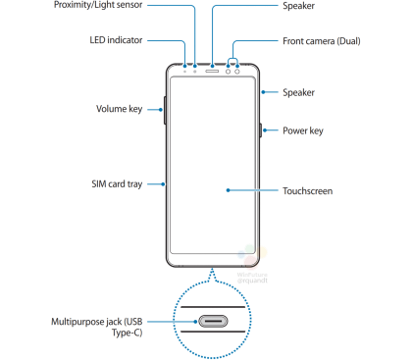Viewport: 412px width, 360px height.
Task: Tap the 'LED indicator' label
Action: click(x=118, y=40)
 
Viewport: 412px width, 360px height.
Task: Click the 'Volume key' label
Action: click(x=120, y=108)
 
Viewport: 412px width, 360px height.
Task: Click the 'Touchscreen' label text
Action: click(x=307, y=189)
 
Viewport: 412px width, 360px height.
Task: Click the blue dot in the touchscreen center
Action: click(x=227, y=189)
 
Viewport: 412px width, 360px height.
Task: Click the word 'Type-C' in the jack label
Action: click(x=75, y=334)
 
